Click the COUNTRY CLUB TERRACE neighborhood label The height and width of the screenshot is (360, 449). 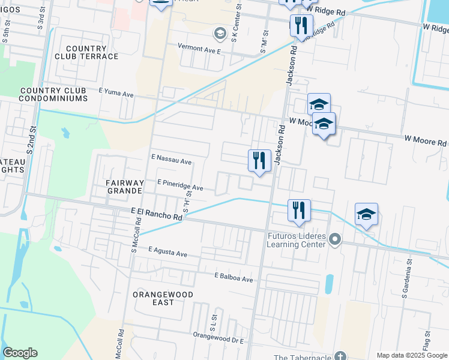click(86, 52)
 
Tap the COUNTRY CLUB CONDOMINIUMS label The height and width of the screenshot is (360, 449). click(62, 94)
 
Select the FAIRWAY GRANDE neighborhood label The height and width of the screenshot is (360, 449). click(116, 187)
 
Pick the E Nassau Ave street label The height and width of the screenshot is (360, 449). click(170, 161)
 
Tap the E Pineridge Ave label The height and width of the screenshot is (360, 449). click(180, 185)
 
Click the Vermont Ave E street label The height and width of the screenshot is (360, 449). click(199, 49)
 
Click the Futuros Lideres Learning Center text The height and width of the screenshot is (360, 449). click(297, 240)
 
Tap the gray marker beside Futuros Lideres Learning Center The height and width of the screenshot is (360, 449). click(336, 241)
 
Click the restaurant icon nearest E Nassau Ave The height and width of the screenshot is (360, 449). click(259, 160)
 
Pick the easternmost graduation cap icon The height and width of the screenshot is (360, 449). click(366, 214)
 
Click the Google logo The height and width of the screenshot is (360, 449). click(20, 353)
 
